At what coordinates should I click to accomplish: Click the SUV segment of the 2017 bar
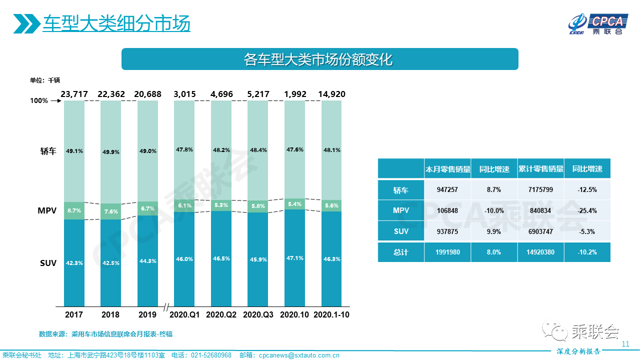[74, 262]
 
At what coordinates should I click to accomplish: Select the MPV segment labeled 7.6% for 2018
[110, 211]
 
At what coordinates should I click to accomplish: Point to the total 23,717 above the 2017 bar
[74, 94]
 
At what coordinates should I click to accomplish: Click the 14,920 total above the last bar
[331, 94]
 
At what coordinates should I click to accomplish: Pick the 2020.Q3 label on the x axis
[258, 315]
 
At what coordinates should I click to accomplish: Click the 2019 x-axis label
[147, 315]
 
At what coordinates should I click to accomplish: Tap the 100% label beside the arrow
[39, 100]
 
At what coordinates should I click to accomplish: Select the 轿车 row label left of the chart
[48, 151]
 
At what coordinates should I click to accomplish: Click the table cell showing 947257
[447, 190]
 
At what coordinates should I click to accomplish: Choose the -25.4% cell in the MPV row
[587, 210]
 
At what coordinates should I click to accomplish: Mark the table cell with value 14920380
[540, 252]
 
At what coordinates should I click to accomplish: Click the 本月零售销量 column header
[447, 169]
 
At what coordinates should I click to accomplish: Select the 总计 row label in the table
[400, 252]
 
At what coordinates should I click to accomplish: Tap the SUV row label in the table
[400, 231]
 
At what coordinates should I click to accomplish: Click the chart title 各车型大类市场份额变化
[319, 59]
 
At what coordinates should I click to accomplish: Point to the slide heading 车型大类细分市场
[116, 23]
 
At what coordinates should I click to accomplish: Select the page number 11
[625, 344]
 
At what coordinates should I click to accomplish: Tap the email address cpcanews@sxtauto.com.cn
[299, 355]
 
